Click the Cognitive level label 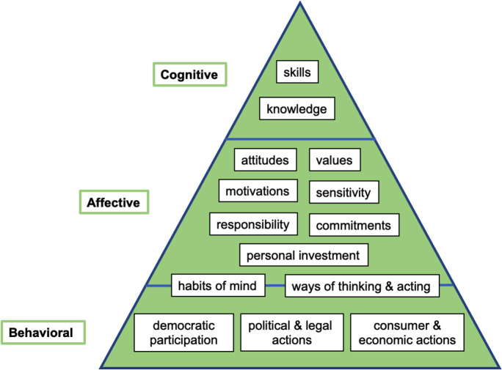pos(189,74)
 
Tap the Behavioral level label pos(41,333)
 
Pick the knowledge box pos(297,109)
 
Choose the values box pos(335,160)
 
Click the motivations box pos(258,190)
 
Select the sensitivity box pos(343,192)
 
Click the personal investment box pos(303,255)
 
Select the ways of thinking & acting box pos(362,286)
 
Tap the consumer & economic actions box pos(407,332)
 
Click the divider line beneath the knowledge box pos(299,138)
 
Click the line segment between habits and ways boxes pos(275,285)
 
